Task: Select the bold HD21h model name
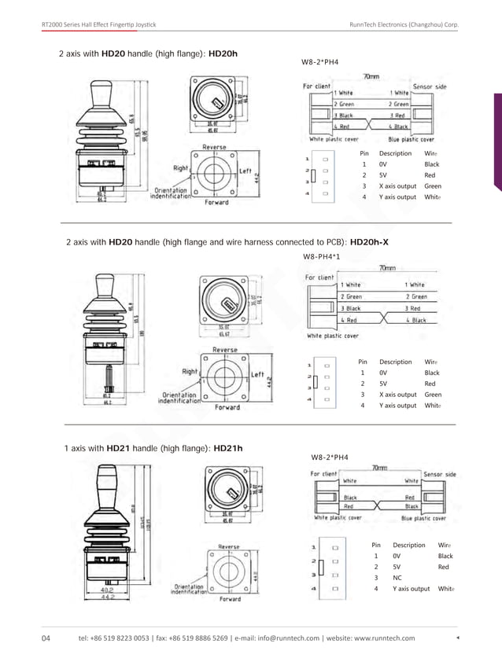pyautogui.click(x=228, y=448)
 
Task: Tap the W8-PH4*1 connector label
pyautogui.click(x=321, y=257)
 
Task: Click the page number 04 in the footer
pyautogui.click(x=46, y=638)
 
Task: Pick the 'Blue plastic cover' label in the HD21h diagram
pyautogui.click(x=425, y=518)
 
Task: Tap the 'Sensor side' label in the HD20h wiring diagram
pyautogui.click(x=430, y=86)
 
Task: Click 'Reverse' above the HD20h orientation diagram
pyautogui.click(x=215, y=147)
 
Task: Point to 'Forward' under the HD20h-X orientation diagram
pyautogui.click(x=229, y=407)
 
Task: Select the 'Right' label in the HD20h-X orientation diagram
pyautogui.click(x=190, y=372)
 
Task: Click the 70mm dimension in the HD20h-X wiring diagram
pyautogui.click(x=387, y=267)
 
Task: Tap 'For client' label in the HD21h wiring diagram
pyautogui.click(x=325, y=474)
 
